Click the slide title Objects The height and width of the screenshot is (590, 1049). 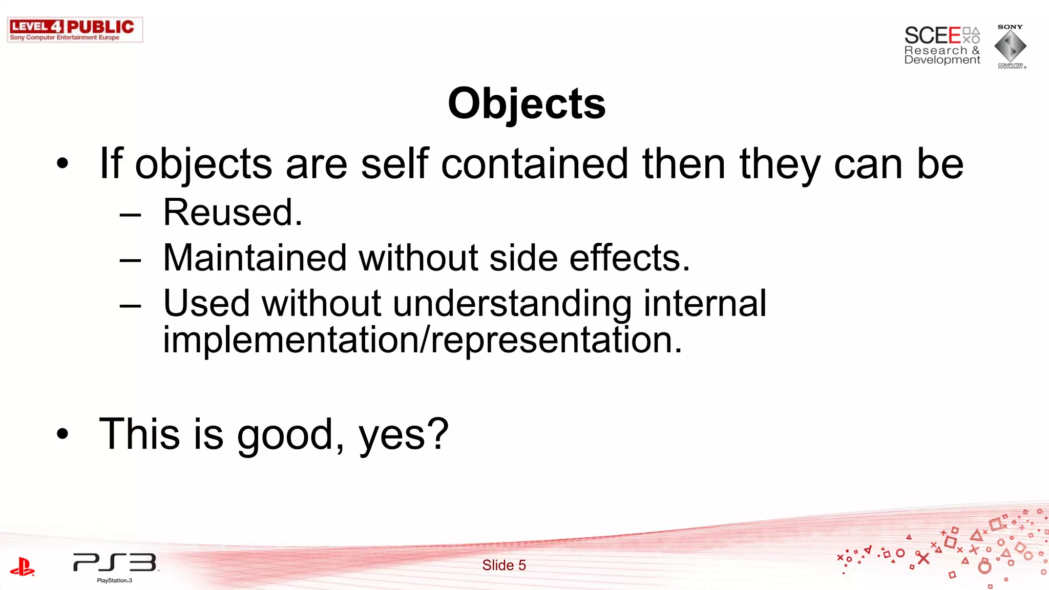tap(527, 104)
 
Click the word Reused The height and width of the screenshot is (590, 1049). tap(233, 213)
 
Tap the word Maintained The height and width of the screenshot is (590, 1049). tap(255, 258)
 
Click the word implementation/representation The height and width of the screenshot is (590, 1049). tap(423, 340)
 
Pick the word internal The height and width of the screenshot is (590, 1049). tap(705, 303)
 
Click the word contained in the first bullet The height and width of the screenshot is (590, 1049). tap(534, 164)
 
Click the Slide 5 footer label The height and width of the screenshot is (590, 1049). tap(504, 565)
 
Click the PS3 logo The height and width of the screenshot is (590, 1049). tap(115, 563)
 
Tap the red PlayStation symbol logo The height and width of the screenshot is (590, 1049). tap(22, 566)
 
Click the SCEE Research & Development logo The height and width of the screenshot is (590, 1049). tap(941, 45)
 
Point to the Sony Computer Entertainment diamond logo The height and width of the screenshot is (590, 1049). tap(1010, 46)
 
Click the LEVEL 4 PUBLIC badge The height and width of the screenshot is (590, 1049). tap(75, 30)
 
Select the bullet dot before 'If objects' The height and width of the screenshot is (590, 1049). tap(62, 164)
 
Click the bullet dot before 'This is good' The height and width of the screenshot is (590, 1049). tap(62, 434)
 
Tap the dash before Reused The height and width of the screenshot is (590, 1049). tap(130, 215)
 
